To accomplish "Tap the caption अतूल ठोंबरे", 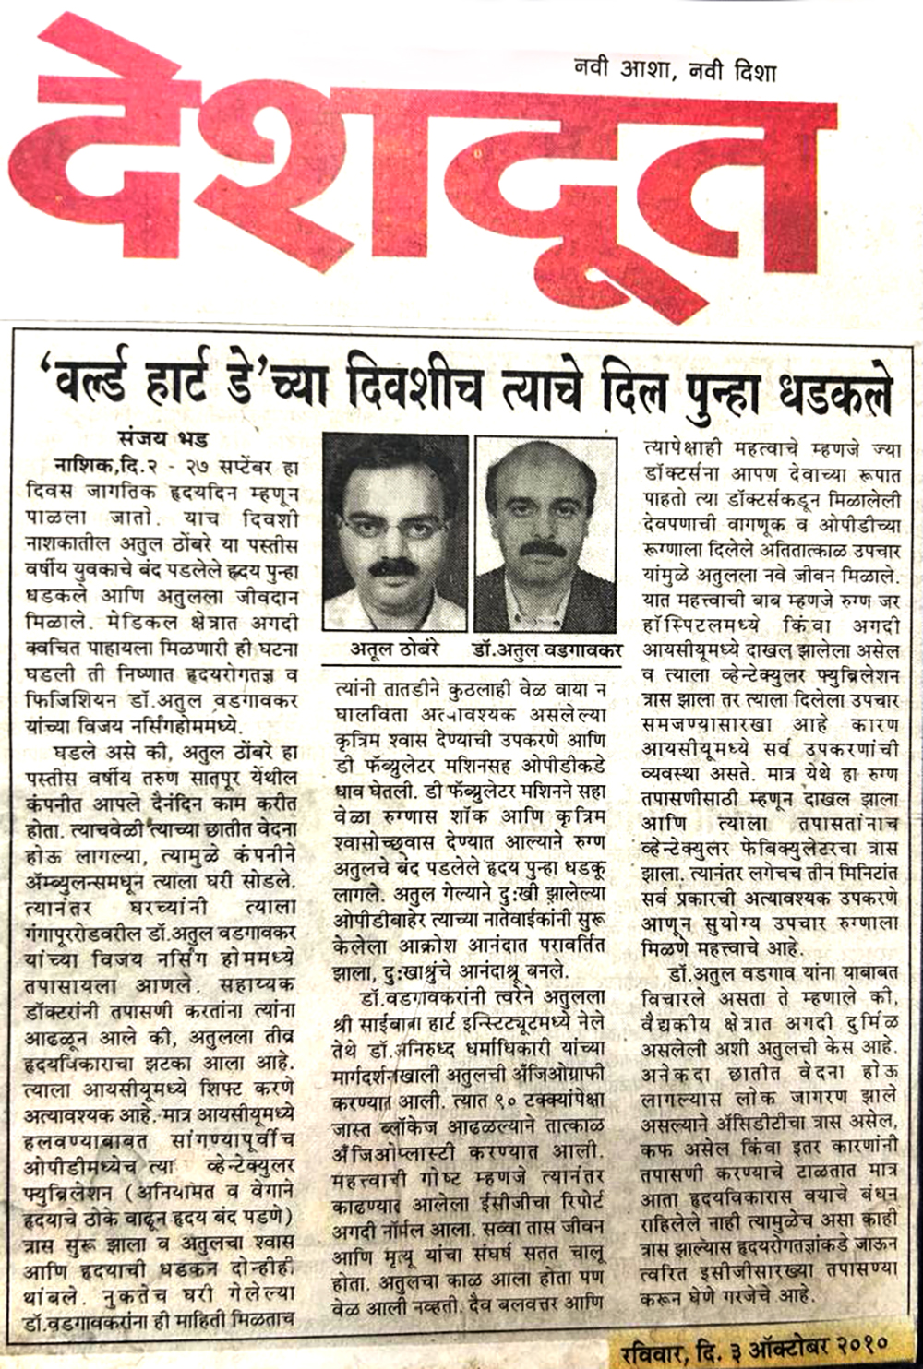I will (394, 649).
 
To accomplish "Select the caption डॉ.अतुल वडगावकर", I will (547, 649).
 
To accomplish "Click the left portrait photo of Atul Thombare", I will (395, 532).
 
